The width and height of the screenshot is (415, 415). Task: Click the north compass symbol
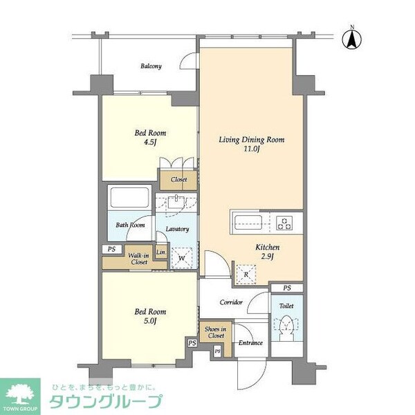click(x=352, y=39)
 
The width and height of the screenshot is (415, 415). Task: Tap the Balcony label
click(x=151, y=66)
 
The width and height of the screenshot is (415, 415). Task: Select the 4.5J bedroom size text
click(x=150, y=142)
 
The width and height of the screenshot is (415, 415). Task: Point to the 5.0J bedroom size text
click(x=150, y=321)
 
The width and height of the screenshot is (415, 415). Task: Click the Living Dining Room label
click(x=252, y=140)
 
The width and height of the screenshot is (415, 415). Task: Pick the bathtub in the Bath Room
click(x=130, y=197)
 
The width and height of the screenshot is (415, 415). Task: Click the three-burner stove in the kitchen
click(x=285, y=223)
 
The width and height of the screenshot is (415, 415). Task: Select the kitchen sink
click(x=248, y=222)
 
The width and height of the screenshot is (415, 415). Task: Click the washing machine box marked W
click(x=182, y=258)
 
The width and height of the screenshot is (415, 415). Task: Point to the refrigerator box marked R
click(x=246, y=275)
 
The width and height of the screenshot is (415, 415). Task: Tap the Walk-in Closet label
click(x=139, y=259)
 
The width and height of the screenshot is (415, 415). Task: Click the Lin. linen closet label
click(x=161, y=252)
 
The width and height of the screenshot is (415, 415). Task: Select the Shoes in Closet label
click(x=215, y=333)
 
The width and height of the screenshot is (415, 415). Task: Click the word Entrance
click(x=250, y=343)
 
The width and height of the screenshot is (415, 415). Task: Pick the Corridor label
click(x=231, y=302)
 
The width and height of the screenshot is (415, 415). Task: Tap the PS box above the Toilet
click(x=287, y=288)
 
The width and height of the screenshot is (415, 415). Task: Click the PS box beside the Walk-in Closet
click(x=112, y=249)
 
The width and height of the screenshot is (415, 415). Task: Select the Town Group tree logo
click(x=20, y=395)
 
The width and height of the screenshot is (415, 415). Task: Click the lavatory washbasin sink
click(x=176, y=202)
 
